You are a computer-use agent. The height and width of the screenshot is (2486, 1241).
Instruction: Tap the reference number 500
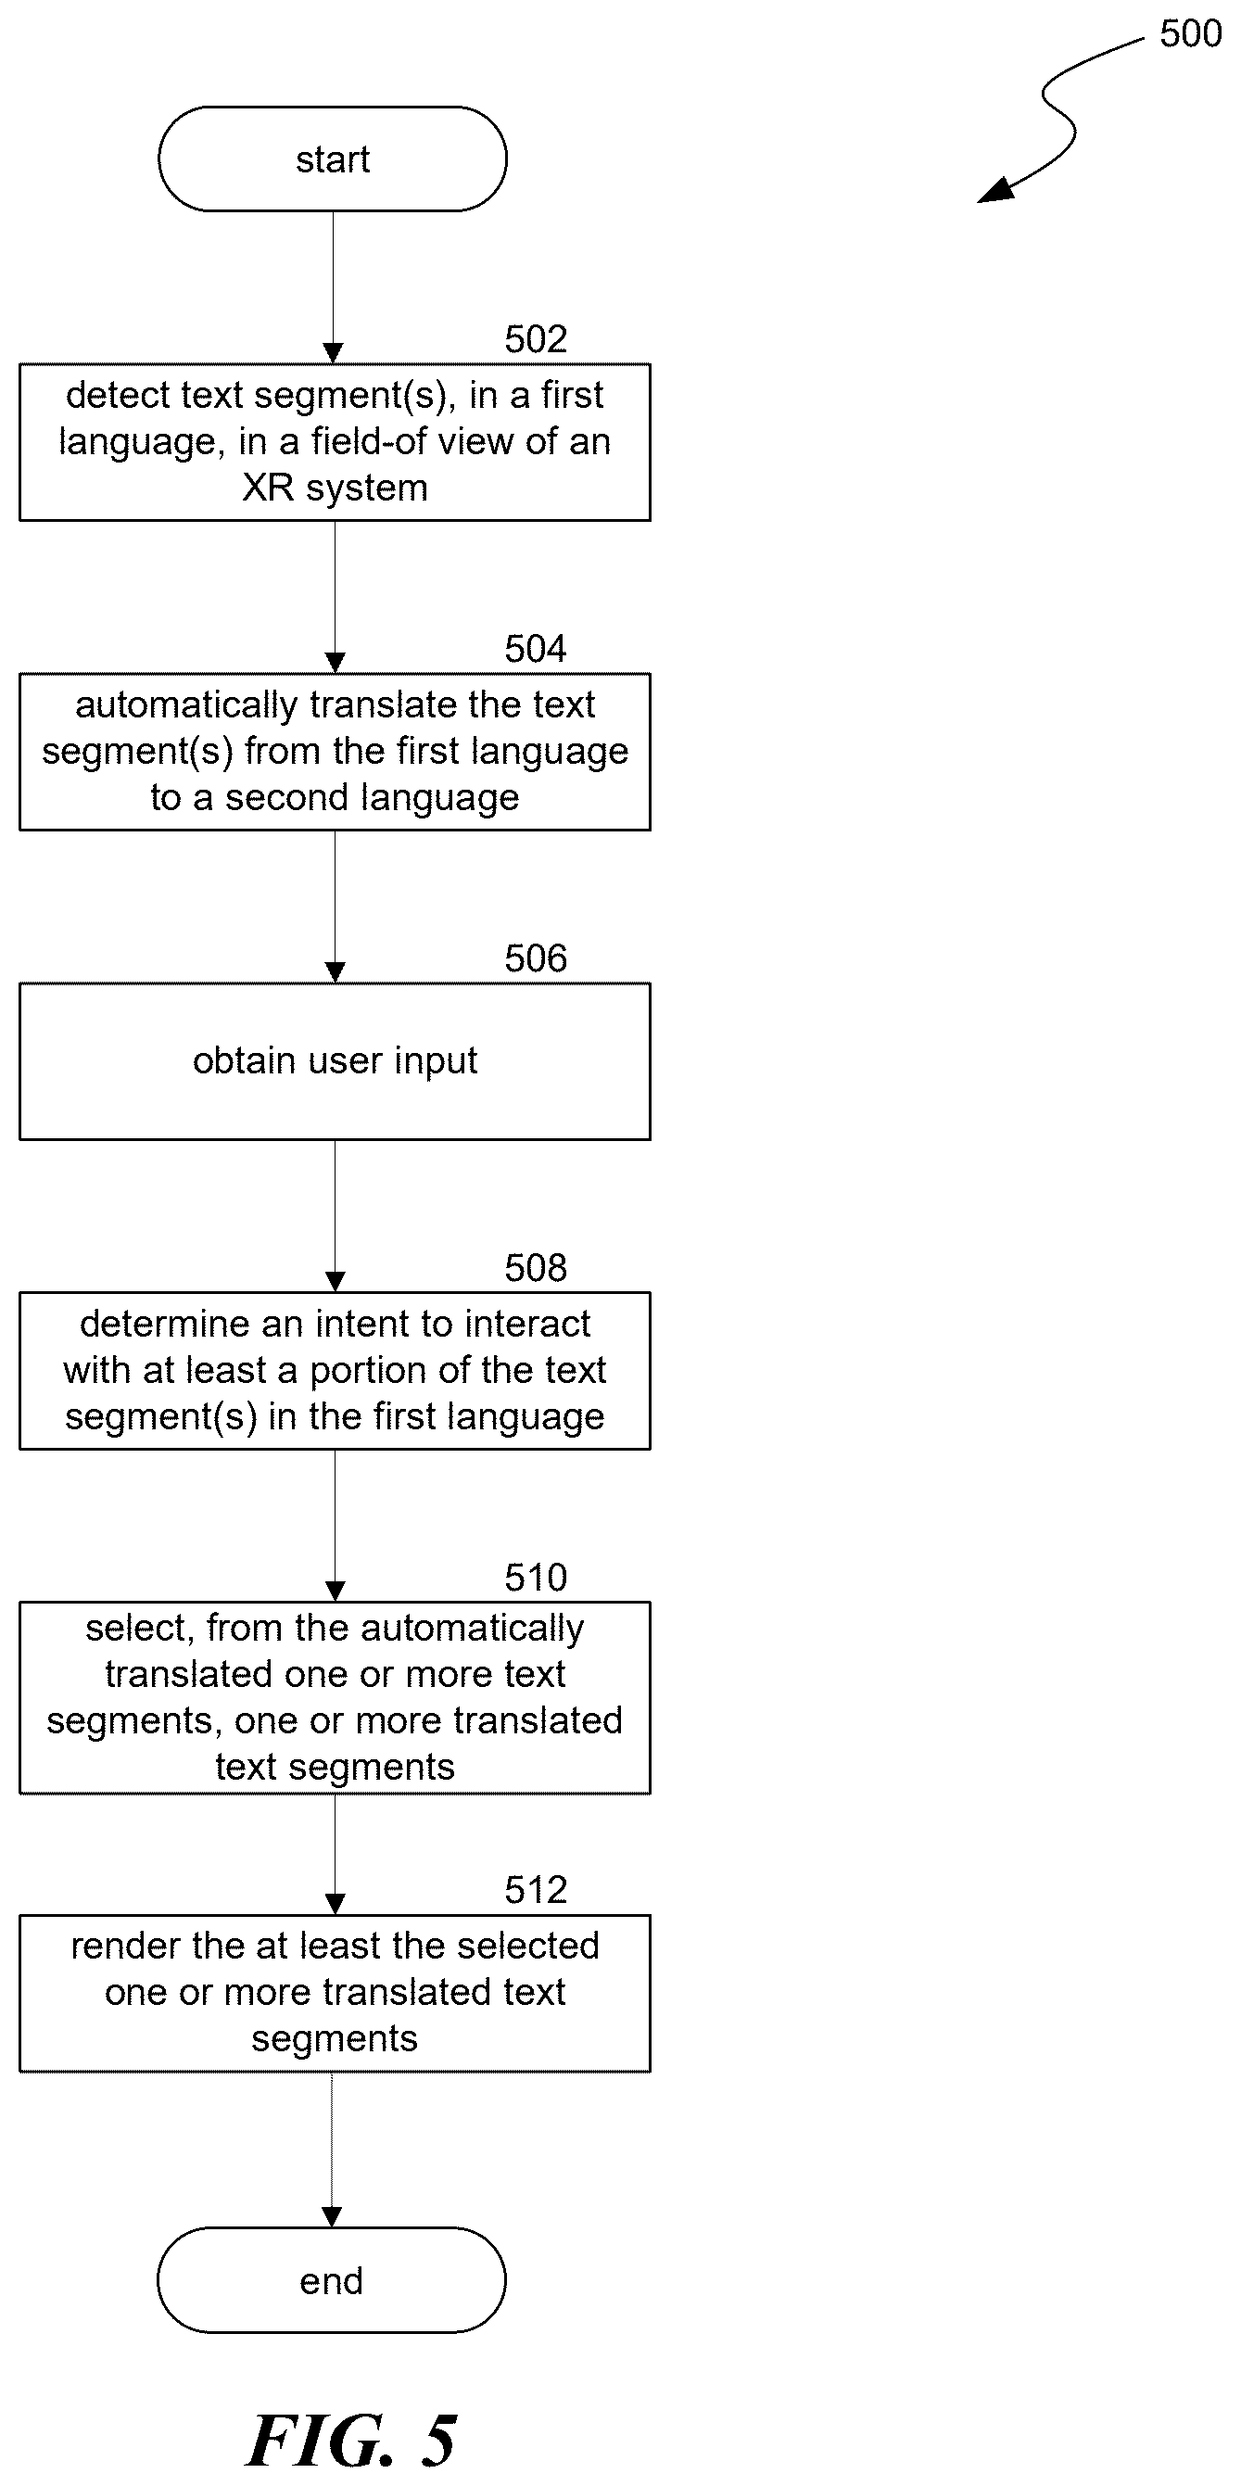click(x=1190, y=33)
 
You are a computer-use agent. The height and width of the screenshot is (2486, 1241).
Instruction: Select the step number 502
click(x=536, y=338)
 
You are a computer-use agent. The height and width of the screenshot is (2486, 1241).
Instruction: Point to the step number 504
click(x=536, y=649)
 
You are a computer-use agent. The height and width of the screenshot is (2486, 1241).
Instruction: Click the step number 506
click(x=536, y=958)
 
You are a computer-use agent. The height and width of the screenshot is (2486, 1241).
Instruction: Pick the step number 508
click(x=536, y=1268)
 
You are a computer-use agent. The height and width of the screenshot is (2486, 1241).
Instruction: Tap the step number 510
click(x=536, y=1578)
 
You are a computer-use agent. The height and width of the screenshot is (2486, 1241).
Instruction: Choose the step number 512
click(x=536, y=1890)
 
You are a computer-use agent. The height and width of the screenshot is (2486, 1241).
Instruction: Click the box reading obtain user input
click(x=335, y=1061)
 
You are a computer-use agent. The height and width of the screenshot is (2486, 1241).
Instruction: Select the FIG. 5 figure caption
click(x=351, y=2440)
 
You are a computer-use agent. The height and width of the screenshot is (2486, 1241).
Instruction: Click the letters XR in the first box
click(x=267, y=488)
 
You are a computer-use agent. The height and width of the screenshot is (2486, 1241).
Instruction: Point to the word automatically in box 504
click(x=186, y=705)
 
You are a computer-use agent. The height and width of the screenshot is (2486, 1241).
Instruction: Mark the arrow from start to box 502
click(x=333, y=287)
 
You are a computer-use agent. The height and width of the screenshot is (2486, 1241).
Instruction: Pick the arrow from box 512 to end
click(x=332, y=2150)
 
